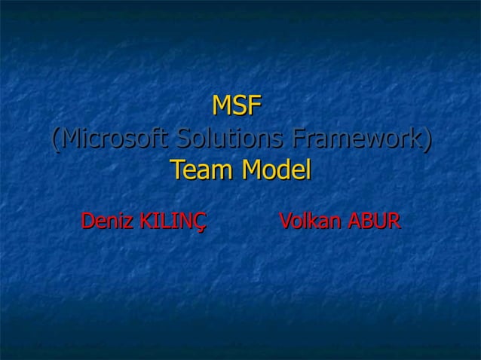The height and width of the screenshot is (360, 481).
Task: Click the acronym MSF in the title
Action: click(237, 106)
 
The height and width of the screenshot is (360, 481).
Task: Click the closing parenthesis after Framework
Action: click(427, 140)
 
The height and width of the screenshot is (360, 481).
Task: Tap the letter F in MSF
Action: click(255, 106)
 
